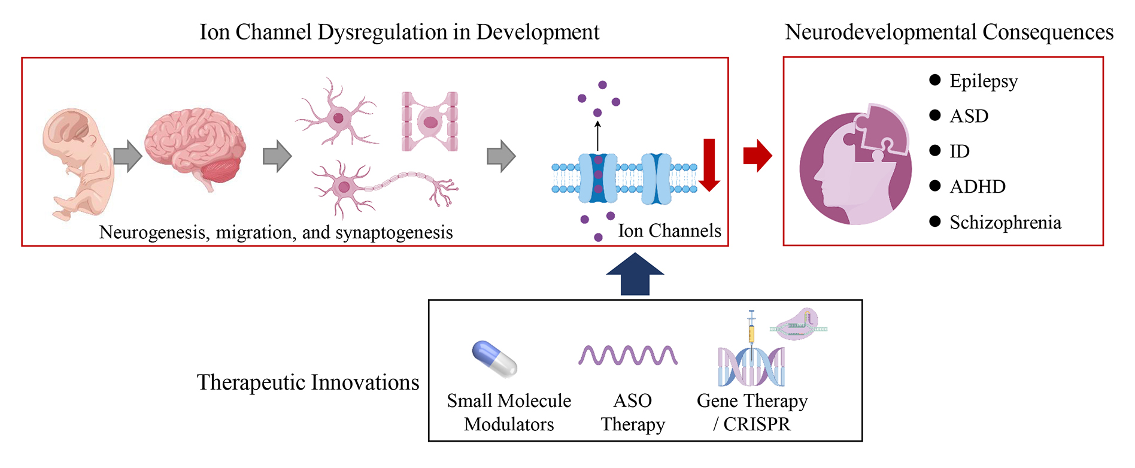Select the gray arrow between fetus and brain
tap(127, 157)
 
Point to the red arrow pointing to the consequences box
tap(757, 156)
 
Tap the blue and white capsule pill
tap(494, 359)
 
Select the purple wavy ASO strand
tap(628, 355)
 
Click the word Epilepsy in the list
tap(983, 81)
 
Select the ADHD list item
tap(977, 187)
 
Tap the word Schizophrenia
tap(1005, 223)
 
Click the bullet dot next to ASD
tap(935, 116)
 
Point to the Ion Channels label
tap(669, 231)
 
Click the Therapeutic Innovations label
tap(308, 382)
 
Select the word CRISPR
tap(757, 424)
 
